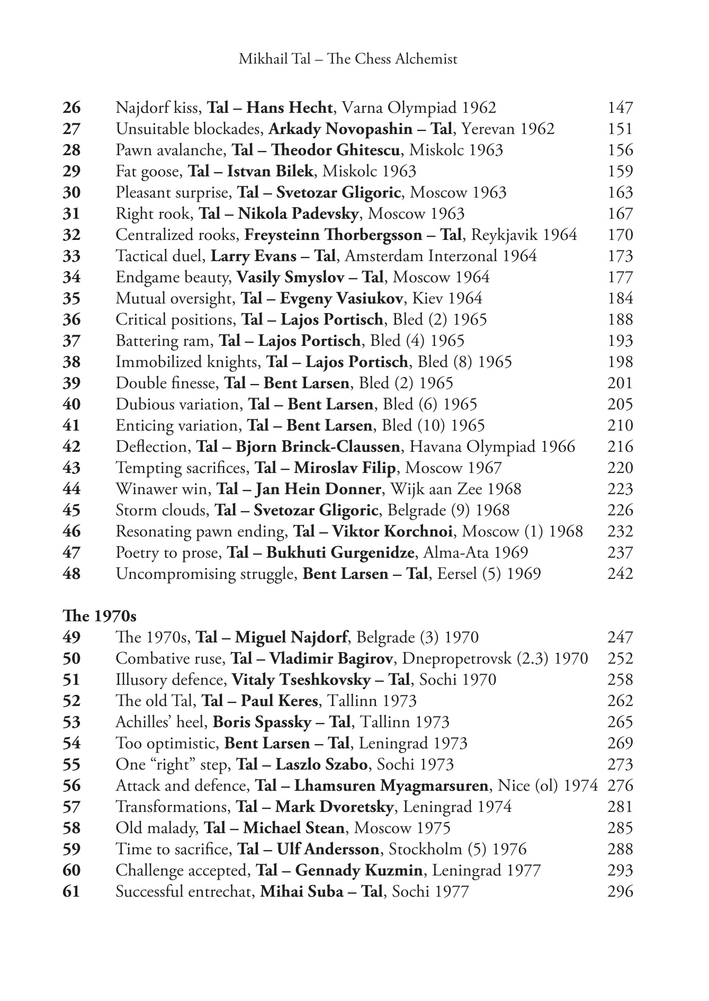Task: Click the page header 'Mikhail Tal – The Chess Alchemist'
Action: point(348,59)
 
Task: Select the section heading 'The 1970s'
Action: point(99,616)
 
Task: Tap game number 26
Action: point(71,108)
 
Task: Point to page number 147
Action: point(620,108)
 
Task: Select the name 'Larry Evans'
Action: point(254,256)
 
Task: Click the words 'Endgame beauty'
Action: point(173,277)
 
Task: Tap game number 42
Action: point(71,446)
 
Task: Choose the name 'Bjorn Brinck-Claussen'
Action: point(318,446)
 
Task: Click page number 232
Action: point(620,531)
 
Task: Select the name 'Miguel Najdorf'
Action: point(291,637)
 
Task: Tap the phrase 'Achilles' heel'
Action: point(161,722)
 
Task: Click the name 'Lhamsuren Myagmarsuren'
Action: point(391,785)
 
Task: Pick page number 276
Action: point(620,785)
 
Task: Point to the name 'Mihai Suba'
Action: point(301,891)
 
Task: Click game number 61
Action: point(71,891)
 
